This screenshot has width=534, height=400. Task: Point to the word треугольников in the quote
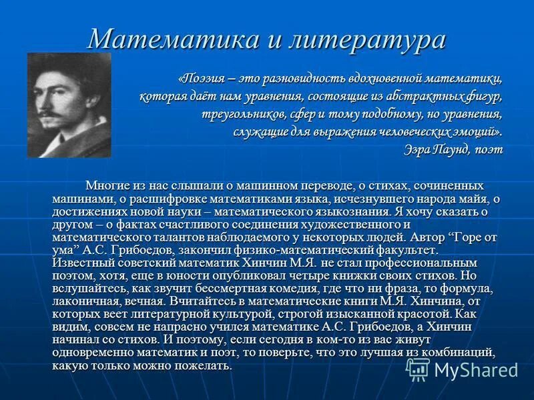(x=243, y=114)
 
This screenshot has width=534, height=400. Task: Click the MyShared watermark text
(x=475, y=369)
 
